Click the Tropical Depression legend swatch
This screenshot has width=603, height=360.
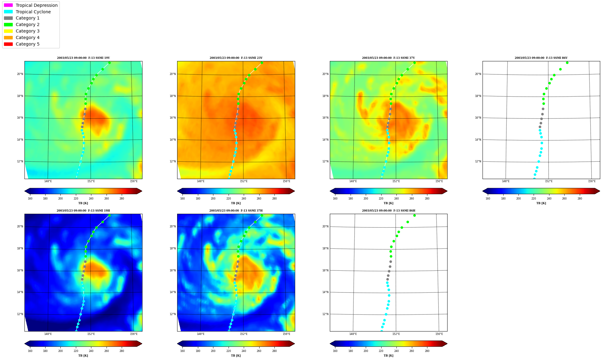click(x=8, y=5)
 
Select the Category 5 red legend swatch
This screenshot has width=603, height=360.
click(x=8, y=44)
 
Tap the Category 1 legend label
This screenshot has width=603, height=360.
click(x=28, y=18)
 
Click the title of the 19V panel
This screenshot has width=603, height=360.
click(x=83, y=58)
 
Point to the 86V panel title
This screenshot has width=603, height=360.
click(x=541, y=58)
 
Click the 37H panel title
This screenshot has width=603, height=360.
click(x=236, y=211)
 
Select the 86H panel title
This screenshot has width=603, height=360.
click(x=388, y=211)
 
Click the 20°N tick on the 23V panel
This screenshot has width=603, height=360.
click(x=173, y=74)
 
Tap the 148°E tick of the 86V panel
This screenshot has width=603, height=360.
click(x=506, y=181)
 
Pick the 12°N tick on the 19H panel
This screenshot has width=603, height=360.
click(x=20, y=314)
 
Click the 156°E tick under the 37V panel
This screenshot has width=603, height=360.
click(x=439, y=181)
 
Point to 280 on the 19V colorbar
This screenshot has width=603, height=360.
click(x=122, y=199)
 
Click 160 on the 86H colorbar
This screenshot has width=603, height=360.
click(x=335, y=351)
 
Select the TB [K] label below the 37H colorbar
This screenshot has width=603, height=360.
click(x=236, y=356)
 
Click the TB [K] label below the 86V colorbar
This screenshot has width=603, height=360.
click(x=541, y=203)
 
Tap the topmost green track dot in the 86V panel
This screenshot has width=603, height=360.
click(x=567, y=63)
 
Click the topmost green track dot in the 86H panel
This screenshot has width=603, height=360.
click(x=414, y=215)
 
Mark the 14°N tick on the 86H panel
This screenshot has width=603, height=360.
click(x=325, y=292)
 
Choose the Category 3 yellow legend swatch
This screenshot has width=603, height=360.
click(x=8, y=31)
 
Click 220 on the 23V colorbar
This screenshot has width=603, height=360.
click(x=228, y=199)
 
